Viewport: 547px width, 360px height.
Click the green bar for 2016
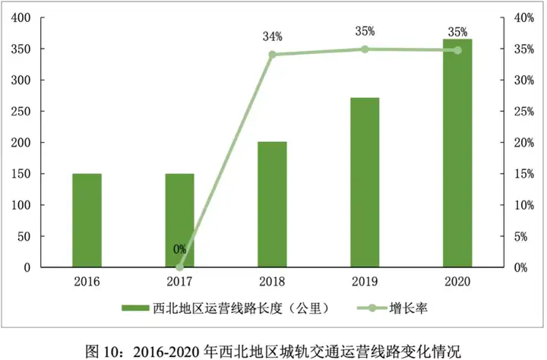coord(87,220)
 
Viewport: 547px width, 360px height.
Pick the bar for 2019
coord(365,182)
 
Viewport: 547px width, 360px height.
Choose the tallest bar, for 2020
coord(457,153)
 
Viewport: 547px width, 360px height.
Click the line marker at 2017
coord(179,267)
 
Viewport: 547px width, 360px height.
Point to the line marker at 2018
coord(272,55)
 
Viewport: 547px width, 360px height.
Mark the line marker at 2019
coord(365,49)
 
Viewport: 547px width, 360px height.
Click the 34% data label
coord(273,36)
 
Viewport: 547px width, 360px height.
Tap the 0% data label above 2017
coord(179,249)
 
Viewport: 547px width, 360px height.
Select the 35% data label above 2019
coord(365,31)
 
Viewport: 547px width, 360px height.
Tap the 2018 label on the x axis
coord(272,281)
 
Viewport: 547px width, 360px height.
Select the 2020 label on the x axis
coord(457,281)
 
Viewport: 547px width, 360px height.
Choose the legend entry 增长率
coord(406,308)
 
